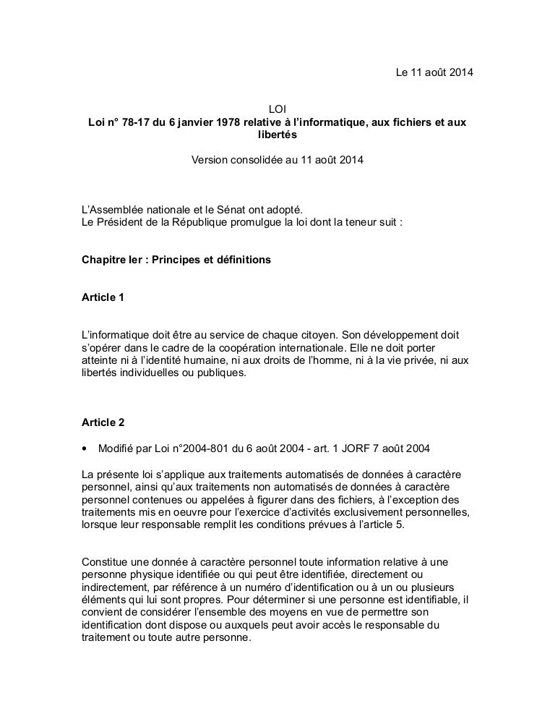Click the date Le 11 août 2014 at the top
[434, 74]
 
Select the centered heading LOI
[277, 109]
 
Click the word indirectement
[114, 587]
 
